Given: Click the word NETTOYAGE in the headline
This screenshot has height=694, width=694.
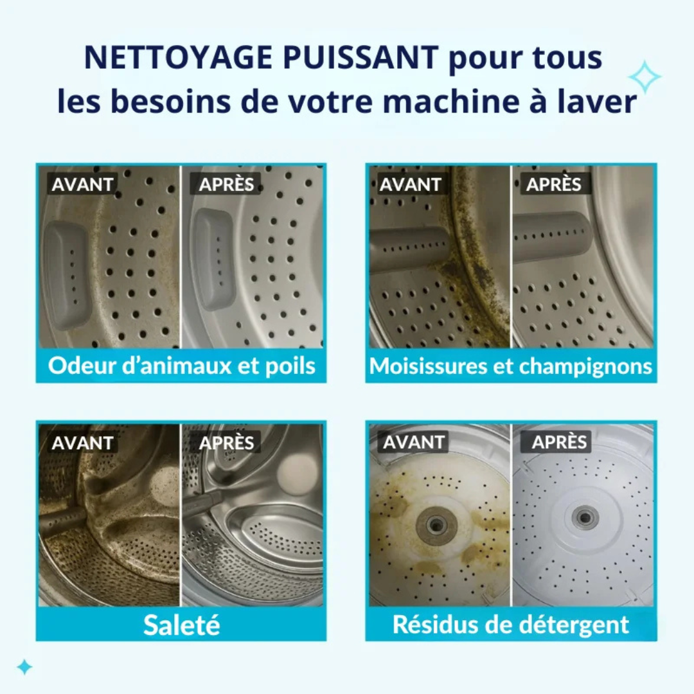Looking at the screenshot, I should click(x=178, y=58).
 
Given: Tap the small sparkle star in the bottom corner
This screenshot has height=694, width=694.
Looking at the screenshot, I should click(x=24, y=667).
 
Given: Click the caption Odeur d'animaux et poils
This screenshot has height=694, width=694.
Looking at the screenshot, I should click(x=181, y=366).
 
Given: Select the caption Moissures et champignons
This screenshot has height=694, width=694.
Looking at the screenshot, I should click(x=511, y=366).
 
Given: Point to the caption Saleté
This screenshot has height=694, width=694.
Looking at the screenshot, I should click(x=181, y=624).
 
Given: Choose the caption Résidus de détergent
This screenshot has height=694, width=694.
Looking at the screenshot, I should click(x=511, y=624).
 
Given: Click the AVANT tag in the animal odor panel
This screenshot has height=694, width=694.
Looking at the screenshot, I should click(x=82, y=184).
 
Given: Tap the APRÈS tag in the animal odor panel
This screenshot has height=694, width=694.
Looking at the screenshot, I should click(x=226, y=184).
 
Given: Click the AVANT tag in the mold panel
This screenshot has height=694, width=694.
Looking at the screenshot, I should click(x=410, y=184).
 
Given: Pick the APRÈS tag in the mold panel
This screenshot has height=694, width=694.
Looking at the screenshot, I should click(x=554, y=184).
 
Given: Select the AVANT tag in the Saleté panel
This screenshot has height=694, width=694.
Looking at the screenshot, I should click(x=82, y=443).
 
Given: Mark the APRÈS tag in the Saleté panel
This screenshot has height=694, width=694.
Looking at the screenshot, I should click(x=226, y=443).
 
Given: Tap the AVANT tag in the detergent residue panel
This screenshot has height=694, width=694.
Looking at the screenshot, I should click(x=414, y=442).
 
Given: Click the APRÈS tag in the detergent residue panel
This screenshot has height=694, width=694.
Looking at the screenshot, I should click(x=559, y=442).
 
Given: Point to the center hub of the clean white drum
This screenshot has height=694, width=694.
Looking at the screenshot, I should click(x=583, y=516).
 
